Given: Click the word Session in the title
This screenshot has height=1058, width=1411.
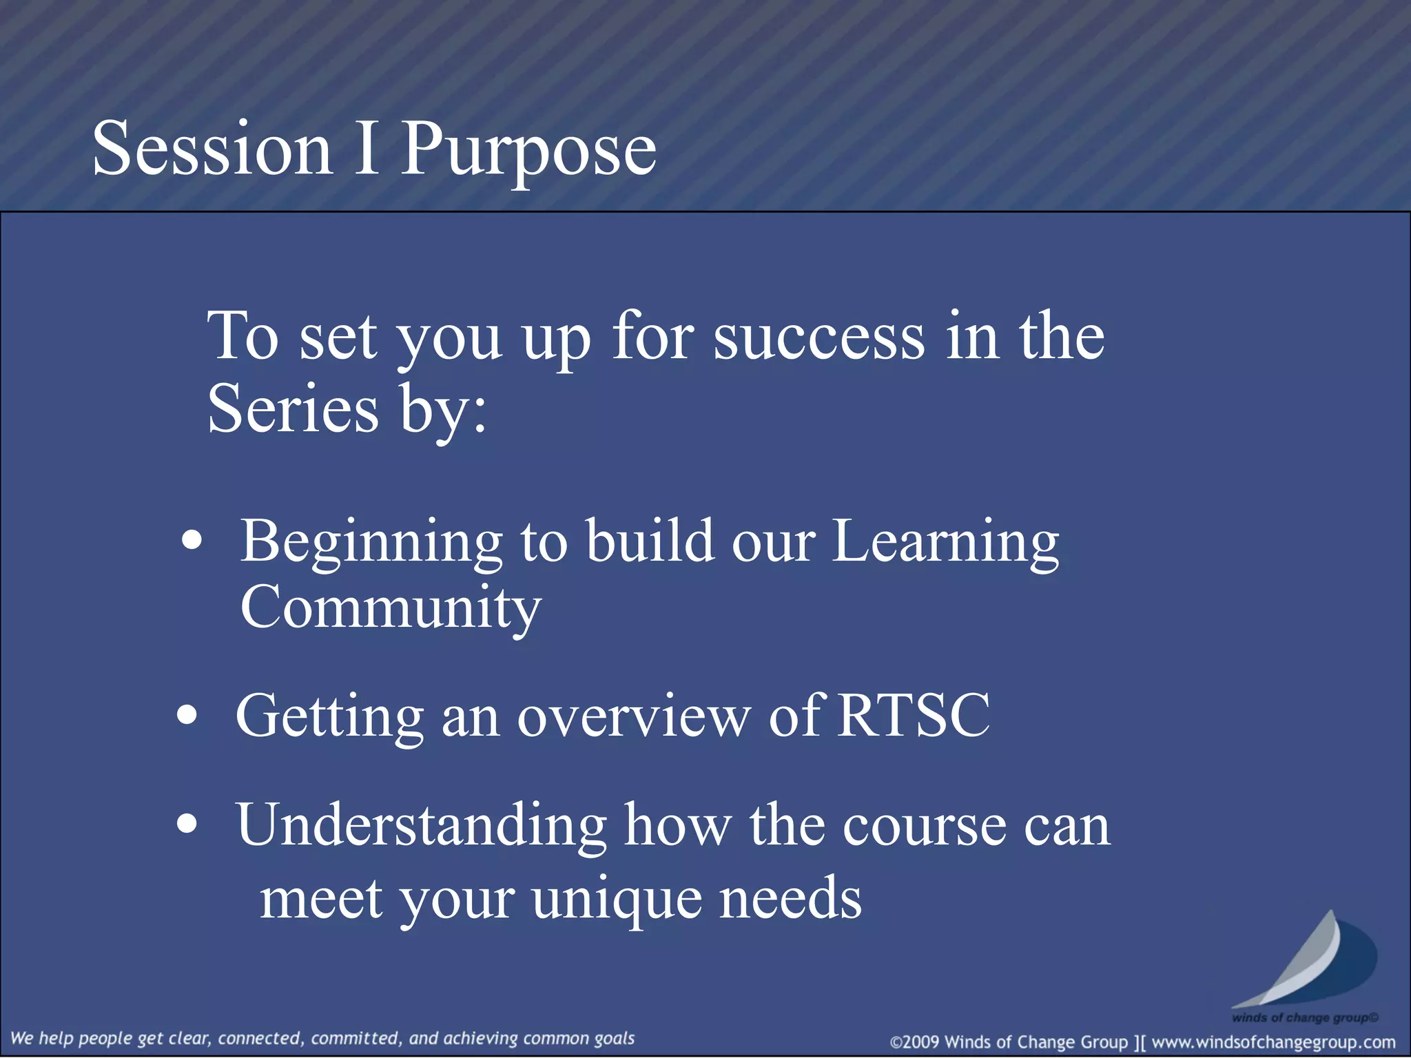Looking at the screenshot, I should click(x=212, y=148).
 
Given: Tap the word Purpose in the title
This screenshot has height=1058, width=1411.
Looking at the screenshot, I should click(x=528, y=150).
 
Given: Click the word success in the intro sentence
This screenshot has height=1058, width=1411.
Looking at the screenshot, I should click(x=818, y=336).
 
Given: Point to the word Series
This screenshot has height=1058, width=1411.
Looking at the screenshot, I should click(x=293, y=409).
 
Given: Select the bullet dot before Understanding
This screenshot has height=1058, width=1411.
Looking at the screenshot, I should click(x=186, y=823).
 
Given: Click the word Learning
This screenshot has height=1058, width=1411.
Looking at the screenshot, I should click(x=945, y=543).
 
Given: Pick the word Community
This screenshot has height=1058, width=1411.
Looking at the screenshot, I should click(x=391, y=608).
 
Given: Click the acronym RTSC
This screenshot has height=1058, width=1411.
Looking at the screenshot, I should click(x=914, y=716).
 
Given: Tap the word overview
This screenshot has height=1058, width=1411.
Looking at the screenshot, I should click(x=632, y=716).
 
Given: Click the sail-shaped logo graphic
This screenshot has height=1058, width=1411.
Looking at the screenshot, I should click(x=1306, y=961).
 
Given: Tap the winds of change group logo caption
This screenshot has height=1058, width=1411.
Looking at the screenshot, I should click(x=1305, y=1017).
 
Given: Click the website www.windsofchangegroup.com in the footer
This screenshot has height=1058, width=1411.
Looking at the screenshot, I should click(x=1273, y=1042).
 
